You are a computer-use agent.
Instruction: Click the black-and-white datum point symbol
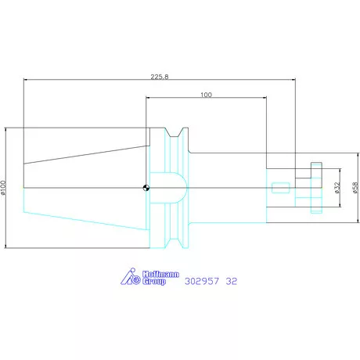click(146, 187)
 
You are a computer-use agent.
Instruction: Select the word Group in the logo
click(154, 282)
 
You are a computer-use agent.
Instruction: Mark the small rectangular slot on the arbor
click(279, 188)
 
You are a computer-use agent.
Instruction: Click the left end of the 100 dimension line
click(146, 98)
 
